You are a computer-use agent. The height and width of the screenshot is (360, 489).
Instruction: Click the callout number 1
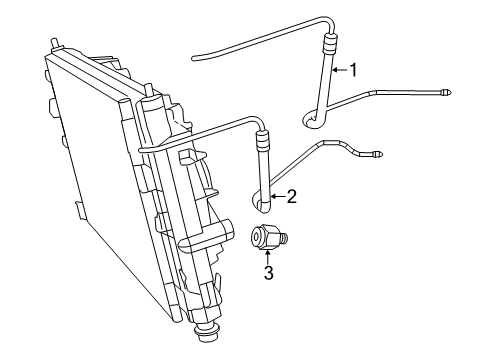(x=352, y=69)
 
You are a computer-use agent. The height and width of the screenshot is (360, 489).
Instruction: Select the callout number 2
(x=291, y=196)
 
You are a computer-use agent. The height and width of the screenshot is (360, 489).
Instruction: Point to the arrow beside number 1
(x=337, y=69)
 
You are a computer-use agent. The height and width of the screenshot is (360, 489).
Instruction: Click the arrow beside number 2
(x=277, y=196)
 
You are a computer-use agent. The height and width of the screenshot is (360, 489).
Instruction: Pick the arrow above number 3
(x=268, y=253)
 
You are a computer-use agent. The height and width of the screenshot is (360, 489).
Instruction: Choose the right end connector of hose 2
(x=376, y=155)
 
